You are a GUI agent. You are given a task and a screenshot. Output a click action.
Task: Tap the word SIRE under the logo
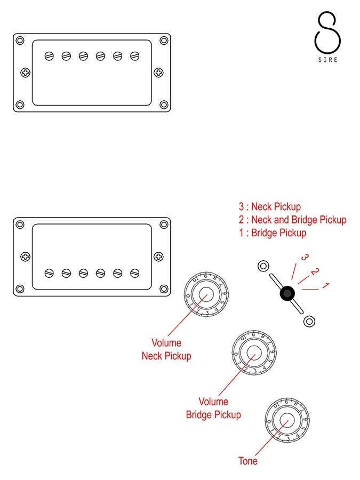click(327, 60)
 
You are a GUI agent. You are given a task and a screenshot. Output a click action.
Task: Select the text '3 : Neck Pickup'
click(270, 207)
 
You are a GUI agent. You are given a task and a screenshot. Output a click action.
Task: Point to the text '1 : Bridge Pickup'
click(273, 233)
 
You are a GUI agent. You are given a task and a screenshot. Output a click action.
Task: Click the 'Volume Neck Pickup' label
click(166, 349)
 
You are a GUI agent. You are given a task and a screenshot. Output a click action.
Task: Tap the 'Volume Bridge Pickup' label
click(213, 408)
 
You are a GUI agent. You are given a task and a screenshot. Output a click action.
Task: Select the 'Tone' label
click(248, 461)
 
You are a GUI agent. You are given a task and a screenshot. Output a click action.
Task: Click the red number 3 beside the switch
click(305, 258)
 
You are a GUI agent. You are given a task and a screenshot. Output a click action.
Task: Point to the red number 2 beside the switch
click(315, 272)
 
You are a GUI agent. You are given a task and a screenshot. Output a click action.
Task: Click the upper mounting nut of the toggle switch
click(262, 266)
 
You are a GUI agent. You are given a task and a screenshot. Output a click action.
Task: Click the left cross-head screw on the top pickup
click(24, 73)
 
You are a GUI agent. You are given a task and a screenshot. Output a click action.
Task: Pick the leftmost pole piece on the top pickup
click(50, 55)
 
